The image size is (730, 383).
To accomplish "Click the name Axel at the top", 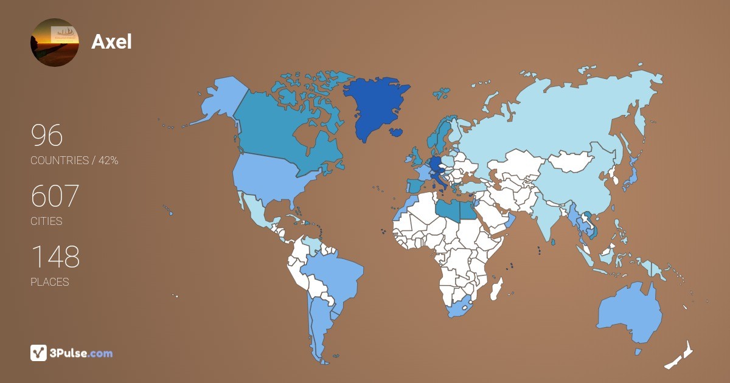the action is click(x=111, y=42).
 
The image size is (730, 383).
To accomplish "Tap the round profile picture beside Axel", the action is click(x=55, y=43).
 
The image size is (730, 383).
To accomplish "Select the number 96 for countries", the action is click(x=47, y=136).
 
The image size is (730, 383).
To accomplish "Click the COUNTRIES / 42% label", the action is click(x=74, y=160).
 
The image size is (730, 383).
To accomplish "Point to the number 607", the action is click(x=55, y=196).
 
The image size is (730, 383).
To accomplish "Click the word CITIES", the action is click(x=47, y=221).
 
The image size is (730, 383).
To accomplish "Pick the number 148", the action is click(x=55, y=257).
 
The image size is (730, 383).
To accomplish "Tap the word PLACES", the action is click(x=50, y=282).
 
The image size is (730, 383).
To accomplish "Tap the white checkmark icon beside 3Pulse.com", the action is click(x=38, y=353).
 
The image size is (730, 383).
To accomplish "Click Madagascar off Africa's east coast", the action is click(x=497, y=288).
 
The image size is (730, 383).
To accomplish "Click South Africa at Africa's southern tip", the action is click(x=460, y=307).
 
